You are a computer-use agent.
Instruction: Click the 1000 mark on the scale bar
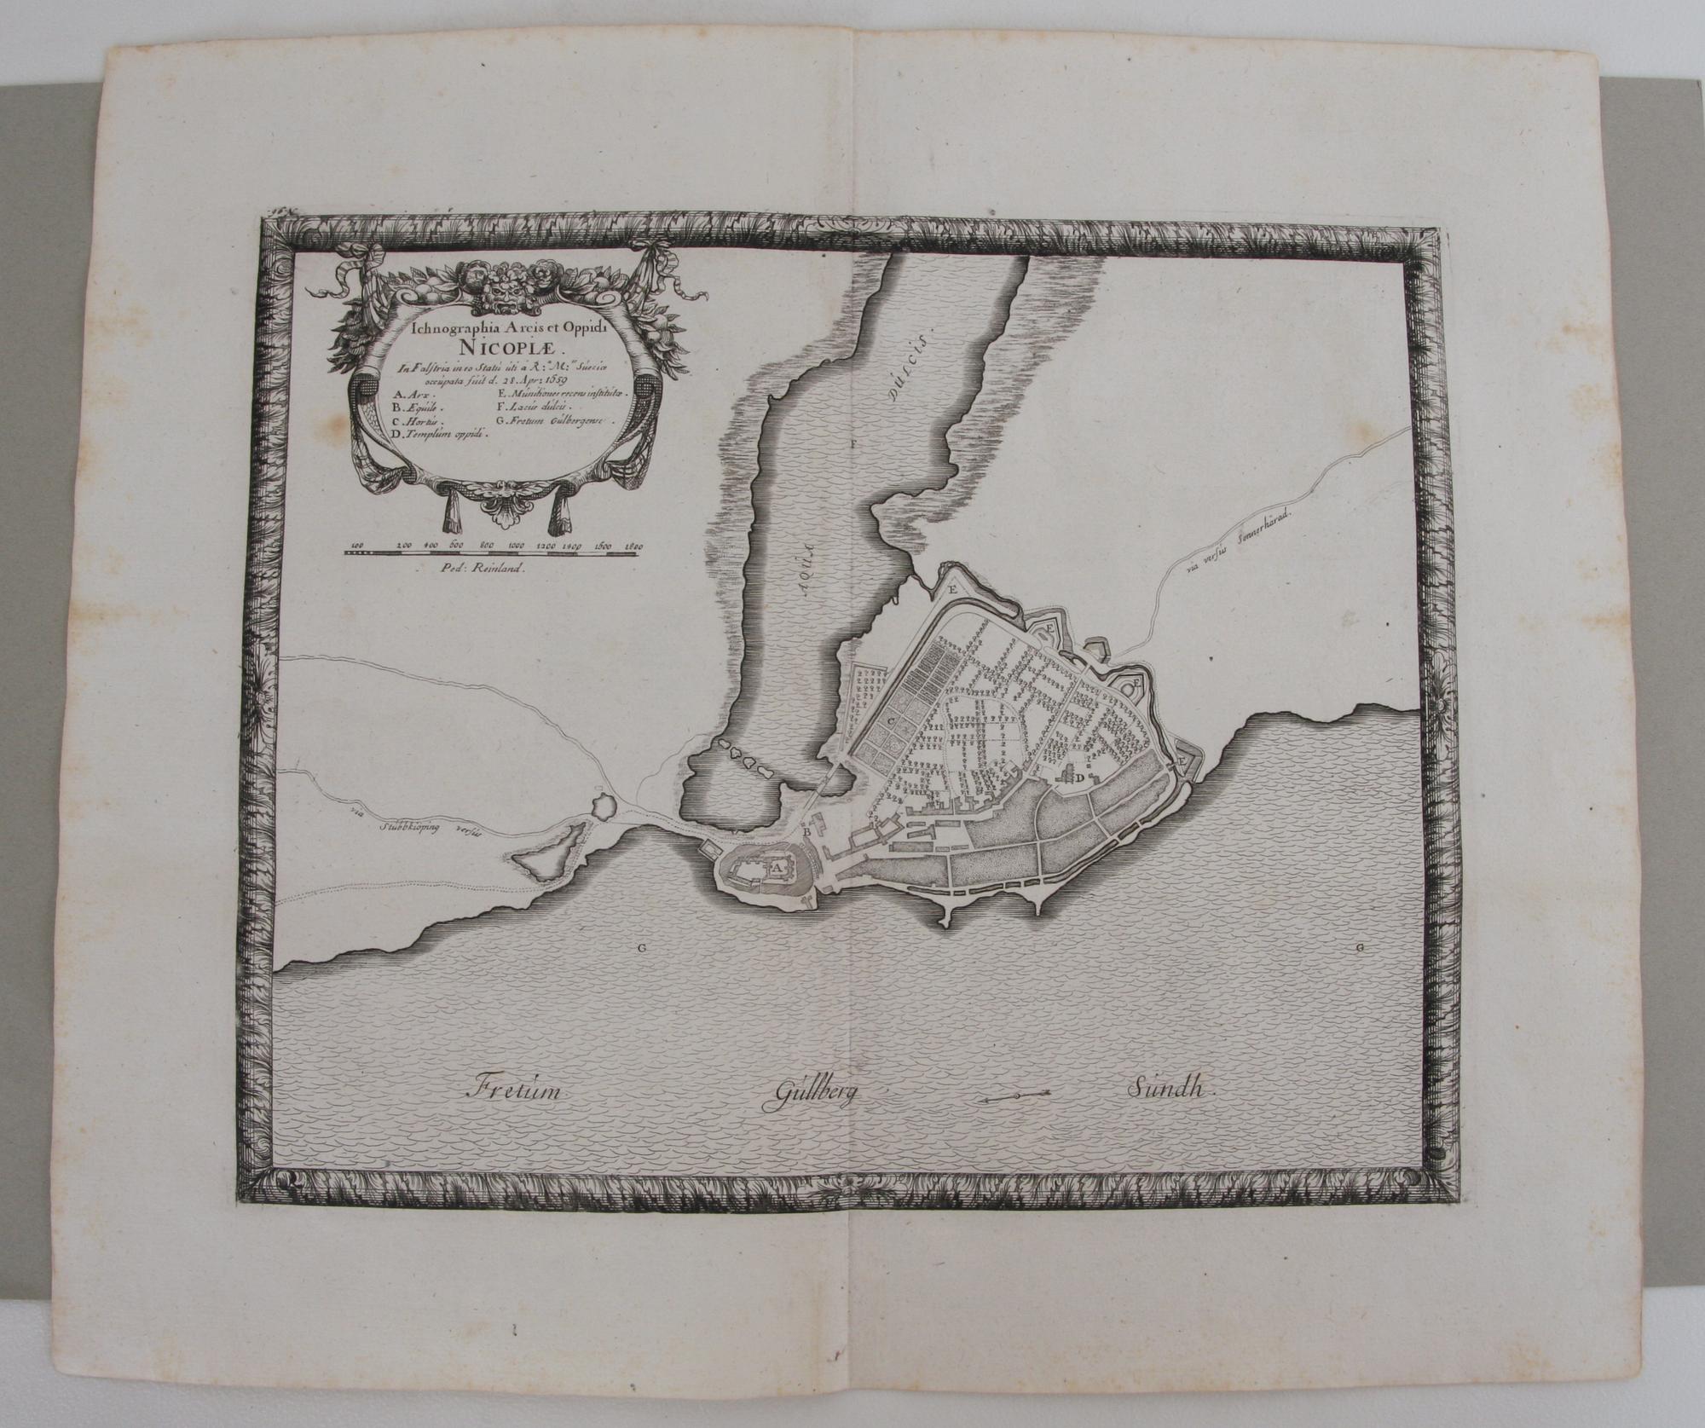coord(514,544)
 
